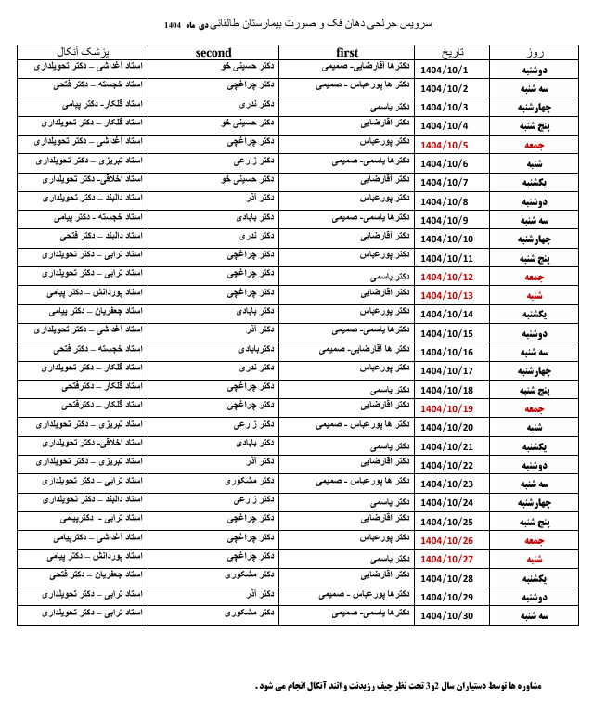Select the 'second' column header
(x=213, y=53)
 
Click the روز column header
(x=534, y=53)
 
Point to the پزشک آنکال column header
(x=82, y=53)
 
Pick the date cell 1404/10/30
(x=446, y=615)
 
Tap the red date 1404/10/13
(x=446, y=295)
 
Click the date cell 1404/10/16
(x=446, y=352)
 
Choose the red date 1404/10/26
(x=446, y=540)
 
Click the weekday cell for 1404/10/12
(x=534, y=277)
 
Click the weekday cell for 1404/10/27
(x=534, y=559)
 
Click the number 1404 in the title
(x=173, y=23)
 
